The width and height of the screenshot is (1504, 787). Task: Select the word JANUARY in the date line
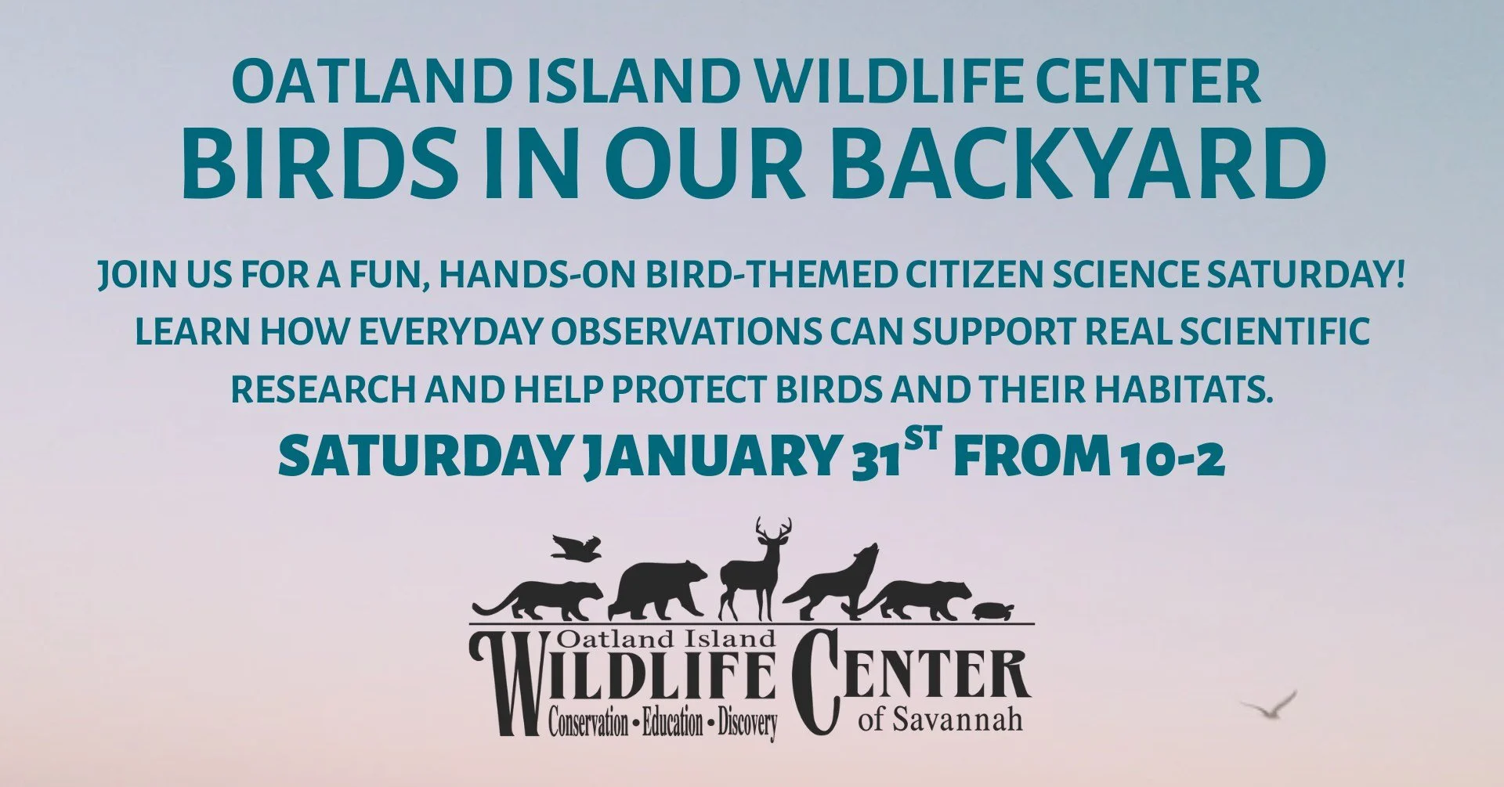click(x=709, y=458)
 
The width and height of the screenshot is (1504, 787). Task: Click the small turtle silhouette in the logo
click(x=992, y=610)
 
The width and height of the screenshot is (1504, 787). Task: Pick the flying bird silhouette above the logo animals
click(x=576, y=547)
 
